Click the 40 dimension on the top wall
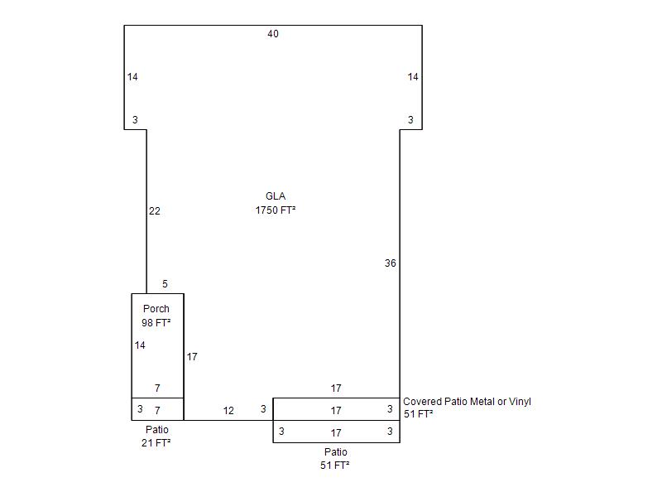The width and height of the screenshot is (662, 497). [x=273, y=34]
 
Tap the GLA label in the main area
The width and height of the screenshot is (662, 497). [x=276, y=196]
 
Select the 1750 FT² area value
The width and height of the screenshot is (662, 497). [x=276, y=210]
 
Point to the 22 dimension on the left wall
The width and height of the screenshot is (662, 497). [x=155, y=211]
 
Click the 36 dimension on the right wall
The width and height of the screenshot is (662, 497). [x=390, y=263]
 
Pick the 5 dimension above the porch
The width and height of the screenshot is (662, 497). [x=165, y=284]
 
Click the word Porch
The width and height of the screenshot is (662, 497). [x=156, y=309]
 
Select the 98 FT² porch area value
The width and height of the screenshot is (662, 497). [x=156, y=323]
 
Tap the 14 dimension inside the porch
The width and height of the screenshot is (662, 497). [x=140, y=345]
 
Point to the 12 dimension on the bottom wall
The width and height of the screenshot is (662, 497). [x=228, y=411]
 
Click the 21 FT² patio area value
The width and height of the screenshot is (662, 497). [x=156, y=443]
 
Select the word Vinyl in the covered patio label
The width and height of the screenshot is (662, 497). [x=520, y=402]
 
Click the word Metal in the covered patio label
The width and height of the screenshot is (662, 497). [x=457, y=402]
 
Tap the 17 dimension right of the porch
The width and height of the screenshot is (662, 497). [x=192, y=357]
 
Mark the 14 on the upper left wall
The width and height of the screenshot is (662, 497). [x=132, y=77]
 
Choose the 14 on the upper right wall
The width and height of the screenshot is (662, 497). [x=413, y=77]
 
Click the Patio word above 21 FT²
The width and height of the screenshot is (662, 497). [x=157, y=430]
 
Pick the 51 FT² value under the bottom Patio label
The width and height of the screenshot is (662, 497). [x=335, y=466]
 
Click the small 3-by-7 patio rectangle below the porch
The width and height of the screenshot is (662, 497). [x=157, y=409]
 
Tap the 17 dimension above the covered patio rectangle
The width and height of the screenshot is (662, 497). [x=336, y=388]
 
